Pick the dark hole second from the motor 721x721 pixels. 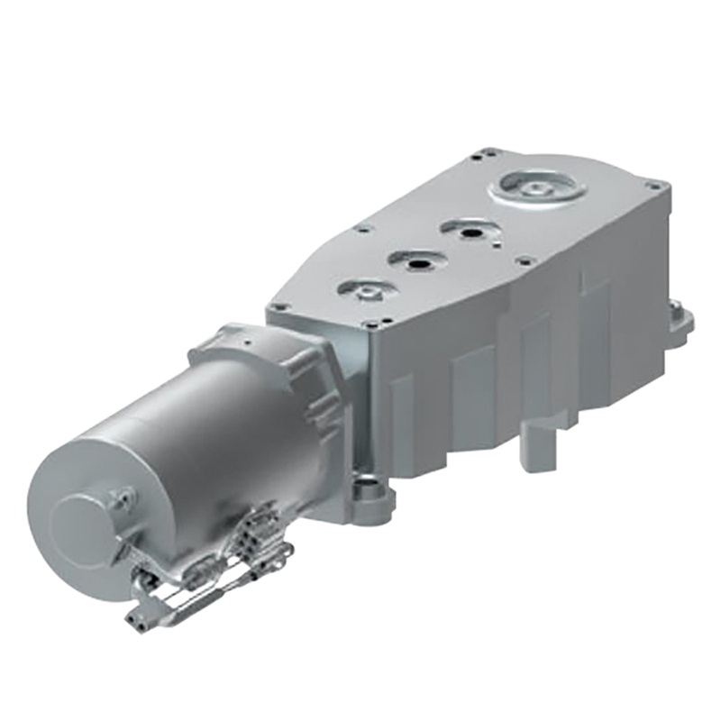pos(417,262)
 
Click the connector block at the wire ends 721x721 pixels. pos(144,616)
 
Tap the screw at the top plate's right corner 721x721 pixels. pos(655,186)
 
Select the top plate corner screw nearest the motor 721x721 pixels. pos(281,307)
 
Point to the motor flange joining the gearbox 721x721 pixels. pos(297,360)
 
